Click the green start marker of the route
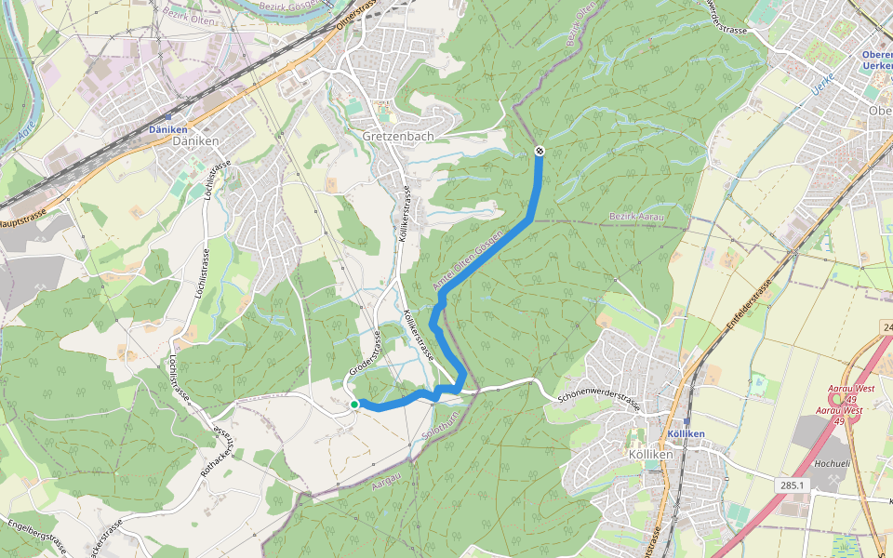pyautogui.click(x=354, y=405)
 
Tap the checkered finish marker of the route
pyautogui.click(x=540, y=152)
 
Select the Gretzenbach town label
pyautogui.click(x=398, y=136)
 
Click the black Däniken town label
pyautogui.click(x=196, y=141)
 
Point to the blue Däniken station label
pyautogui.click(x=167, y=129)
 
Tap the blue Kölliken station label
pyautogui.click(x=686, y=433)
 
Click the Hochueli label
pyautogui.click(x=833, y=462)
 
